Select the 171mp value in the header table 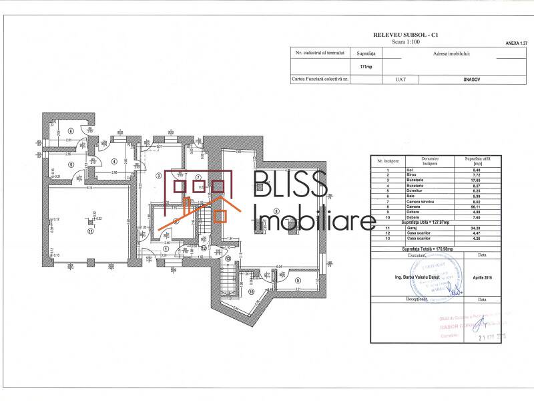point(366,67)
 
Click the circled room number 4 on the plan point(113,161)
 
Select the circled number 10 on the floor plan point(251,293)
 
